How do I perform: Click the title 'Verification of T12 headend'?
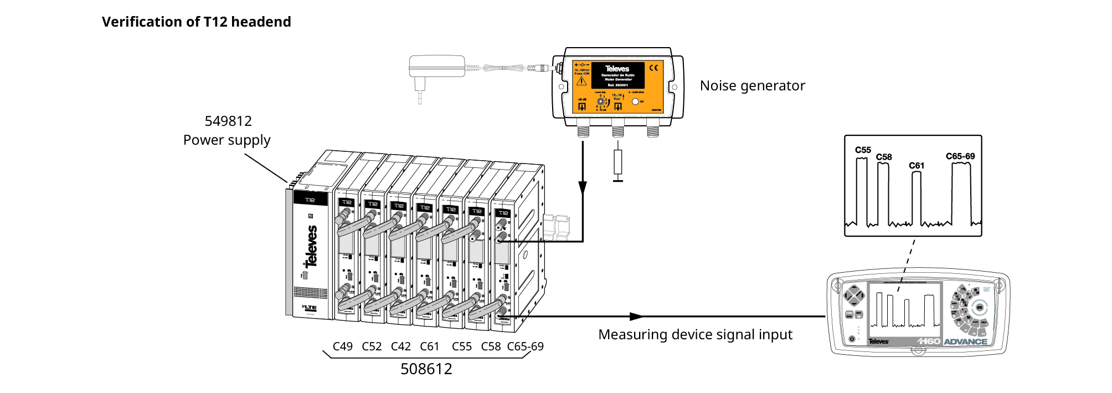(196, 22)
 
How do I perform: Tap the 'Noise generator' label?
(752, 86)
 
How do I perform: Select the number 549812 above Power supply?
(228, 121)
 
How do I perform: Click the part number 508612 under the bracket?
(426, 369)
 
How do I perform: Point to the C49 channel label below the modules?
(342, 346)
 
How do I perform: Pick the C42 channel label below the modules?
(400, 346)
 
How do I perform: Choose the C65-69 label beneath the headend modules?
(525, 346)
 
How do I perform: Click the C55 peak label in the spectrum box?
(863, 150)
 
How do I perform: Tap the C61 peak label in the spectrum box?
(917, 166)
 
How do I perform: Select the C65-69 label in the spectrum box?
(960, 156)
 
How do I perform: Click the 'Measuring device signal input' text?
(695, 335)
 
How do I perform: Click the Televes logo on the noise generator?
(617, 69)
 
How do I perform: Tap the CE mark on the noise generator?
(654, 68)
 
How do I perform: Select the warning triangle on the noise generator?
(581, 81)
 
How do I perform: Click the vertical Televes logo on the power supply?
(312, 246)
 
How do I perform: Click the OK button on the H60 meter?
(979, 307)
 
